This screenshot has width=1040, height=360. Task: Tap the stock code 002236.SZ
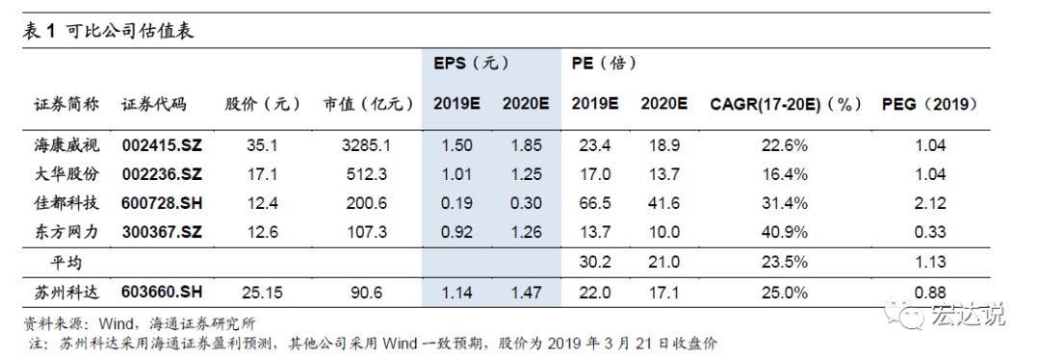(x=163, y=174)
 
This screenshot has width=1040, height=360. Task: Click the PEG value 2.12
(x=930, y=203)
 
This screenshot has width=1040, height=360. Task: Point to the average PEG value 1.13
(x=930, y=262)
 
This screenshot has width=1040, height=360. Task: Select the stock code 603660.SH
(x=163, y=292)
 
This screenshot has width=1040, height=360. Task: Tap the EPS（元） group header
(x=471, y=64)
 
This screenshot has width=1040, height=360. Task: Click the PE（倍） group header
(x=604, y=64)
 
